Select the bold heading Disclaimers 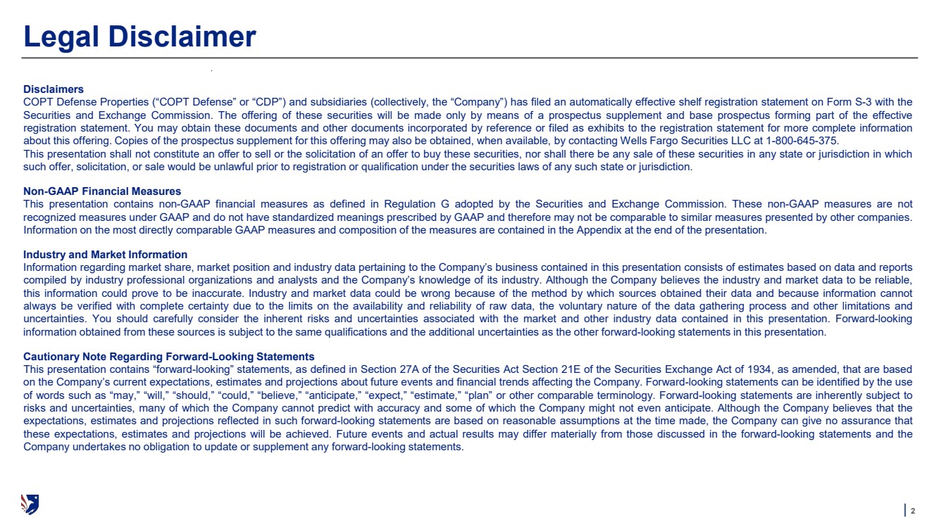pos(54,89)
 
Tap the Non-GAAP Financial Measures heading pos(102,191)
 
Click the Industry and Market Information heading pos(105,255)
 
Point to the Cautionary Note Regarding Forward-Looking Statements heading pos(169,357)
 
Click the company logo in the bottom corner pos(30,503)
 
